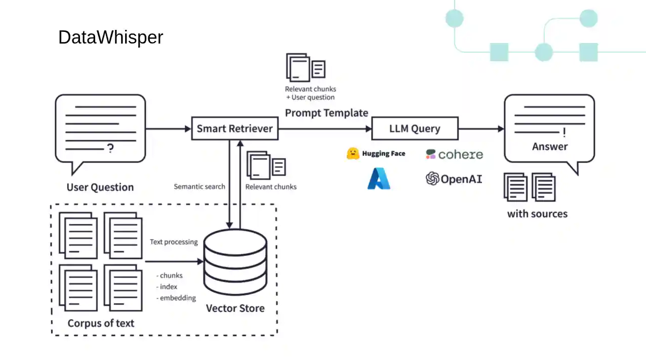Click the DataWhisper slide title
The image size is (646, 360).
(x=110, y=37)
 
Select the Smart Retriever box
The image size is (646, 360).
(x=234, y=129)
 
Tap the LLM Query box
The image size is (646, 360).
(x=415, y=129)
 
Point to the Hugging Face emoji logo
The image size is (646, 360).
(x=353, y=153)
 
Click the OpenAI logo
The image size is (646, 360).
(x=454, y=179)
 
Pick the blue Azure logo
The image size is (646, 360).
(x=379, y=179)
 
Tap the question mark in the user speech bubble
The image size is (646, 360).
(x=110, y=148)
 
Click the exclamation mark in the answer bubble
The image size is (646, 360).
(x=564, y=133)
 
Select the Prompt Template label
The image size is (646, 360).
(x=327, y=113)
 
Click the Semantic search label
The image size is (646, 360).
(x=199, y=186)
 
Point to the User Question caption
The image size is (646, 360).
(x=100, y=187)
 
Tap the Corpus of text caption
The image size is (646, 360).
(x=101, y=323)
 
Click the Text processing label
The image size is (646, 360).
(x=174, y=242)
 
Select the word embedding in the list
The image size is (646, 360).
(x=178, y=298)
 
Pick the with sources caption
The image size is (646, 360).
(x=537, y=214)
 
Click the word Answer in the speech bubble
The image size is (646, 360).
(x=550, y=146)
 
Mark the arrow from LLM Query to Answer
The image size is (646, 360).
(x=480, y=129)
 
